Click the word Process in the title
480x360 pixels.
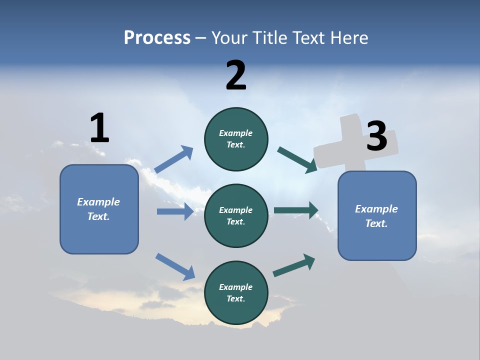pyautogui.click(x=157, y=37)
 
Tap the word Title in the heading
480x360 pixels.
pyautogui.click(x=268, y=37)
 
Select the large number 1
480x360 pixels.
pyautogui.click(x=99, y=128)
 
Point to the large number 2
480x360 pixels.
pyautogui.click(x=236, y=75)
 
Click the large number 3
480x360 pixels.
pyautogui.click(x=376, y=136)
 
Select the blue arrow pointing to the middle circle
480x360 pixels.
pyautogui.click(x=175, y=211)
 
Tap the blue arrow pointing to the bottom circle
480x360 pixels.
pyautogui.click(x=175, y=266)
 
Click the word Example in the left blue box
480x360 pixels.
pyautogui.click(x=98, y=202)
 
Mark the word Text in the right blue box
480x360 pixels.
pyautogui.click(x=376, y=223)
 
